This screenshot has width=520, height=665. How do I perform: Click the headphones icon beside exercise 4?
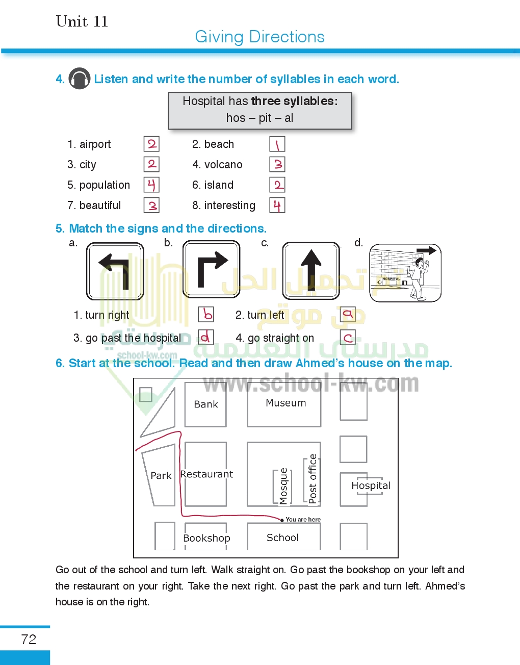click(x=80, y=79)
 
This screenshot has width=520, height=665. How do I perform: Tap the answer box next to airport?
click(x=151, y=144)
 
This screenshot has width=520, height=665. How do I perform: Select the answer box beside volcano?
click(x=277, y=164)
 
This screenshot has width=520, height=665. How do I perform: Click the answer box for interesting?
click(x=277, y=205)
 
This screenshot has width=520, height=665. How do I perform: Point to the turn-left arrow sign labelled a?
click(x=115, y=271)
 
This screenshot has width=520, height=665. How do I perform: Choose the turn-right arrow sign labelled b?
click(x=212, y=269)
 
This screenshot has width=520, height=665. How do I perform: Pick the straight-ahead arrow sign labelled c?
click(x=311, y=270)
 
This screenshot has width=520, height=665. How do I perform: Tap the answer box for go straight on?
click(x=348, y=337)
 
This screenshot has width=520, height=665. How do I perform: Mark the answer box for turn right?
click(x=206, y=314)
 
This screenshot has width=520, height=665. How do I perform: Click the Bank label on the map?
click(x=206, y=404)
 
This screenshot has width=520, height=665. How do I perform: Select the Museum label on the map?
click(x=286, y=403)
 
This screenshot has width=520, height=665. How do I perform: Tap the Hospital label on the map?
click(x=371, y=485)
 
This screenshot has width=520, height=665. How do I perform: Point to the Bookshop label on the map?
click(x=206, y=538)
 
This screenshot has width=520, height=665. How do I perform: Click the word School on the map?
click(x=283, y=538)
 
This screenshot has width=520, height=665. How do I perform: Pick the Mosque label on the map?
click(x=283, y=486)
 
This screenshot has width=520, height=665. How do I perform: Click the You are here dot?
click(x=282, y=520)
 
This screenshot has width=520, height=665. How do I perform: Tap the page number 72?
click(x=29, y=640)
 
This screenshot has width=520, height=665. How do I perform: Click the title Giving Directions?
click(x=259, y=37)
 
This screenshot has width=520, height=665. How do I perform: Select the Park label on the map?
click(x=161, y=475)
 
